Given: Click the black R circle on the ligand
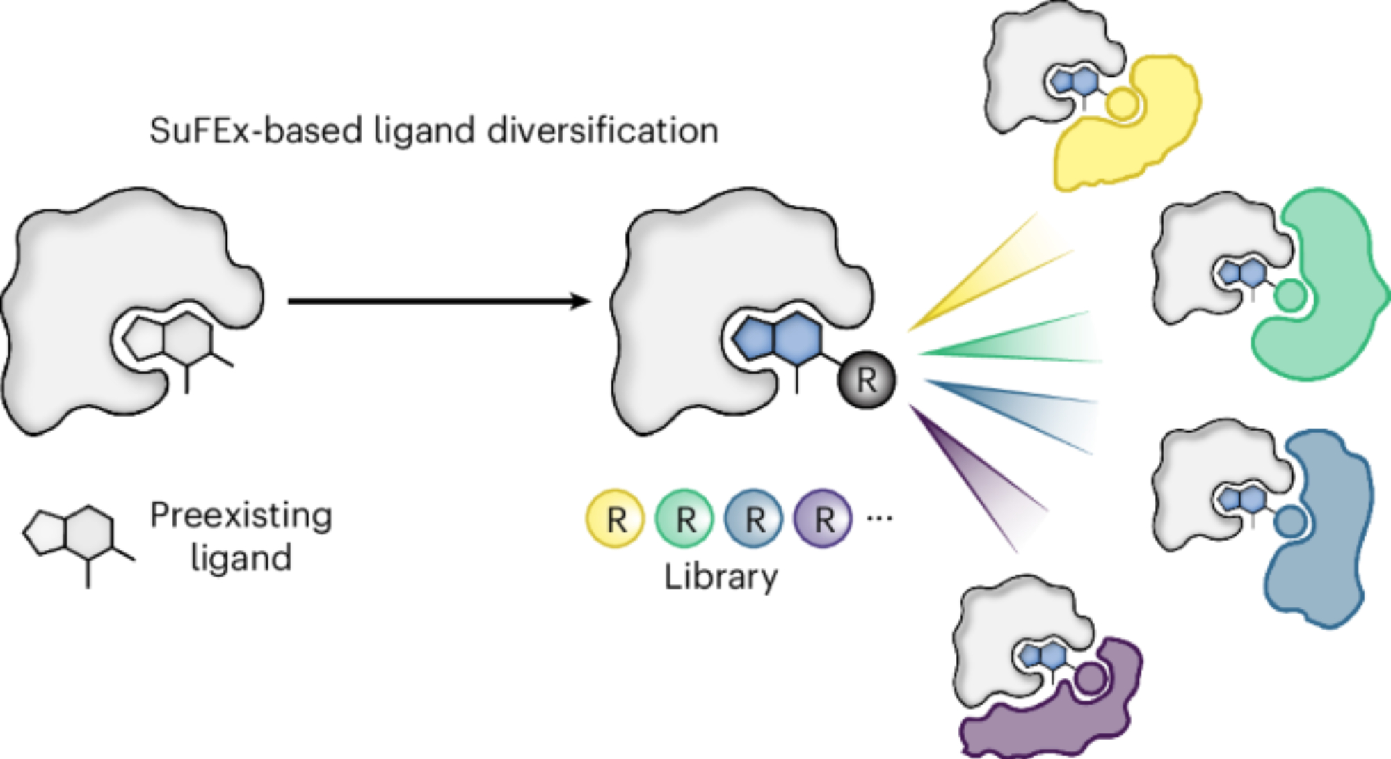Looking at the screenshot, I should click(x=867, y=380).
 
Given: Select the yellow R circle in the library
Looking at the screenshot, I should click(x=616, y=519).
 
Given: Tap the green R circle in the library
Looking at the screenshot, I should click(x=685, y=519).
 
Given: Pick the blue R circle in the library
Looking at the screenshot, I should click(x=754, y=519).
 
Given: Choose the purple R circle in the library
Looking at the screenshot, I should click(x=823, y=519).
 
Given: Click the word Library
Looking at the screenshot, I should click(x=721, y=577).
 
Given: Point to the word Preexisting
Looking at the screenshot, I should click(x=241, y=516).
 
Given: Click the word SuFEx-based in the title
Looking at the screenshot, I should click(x=256, y=131).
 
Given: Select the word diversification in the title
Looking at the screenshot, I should click(x=602, y=131).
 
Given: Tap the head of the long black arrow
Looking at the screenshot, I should click(x=583, y=301).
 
